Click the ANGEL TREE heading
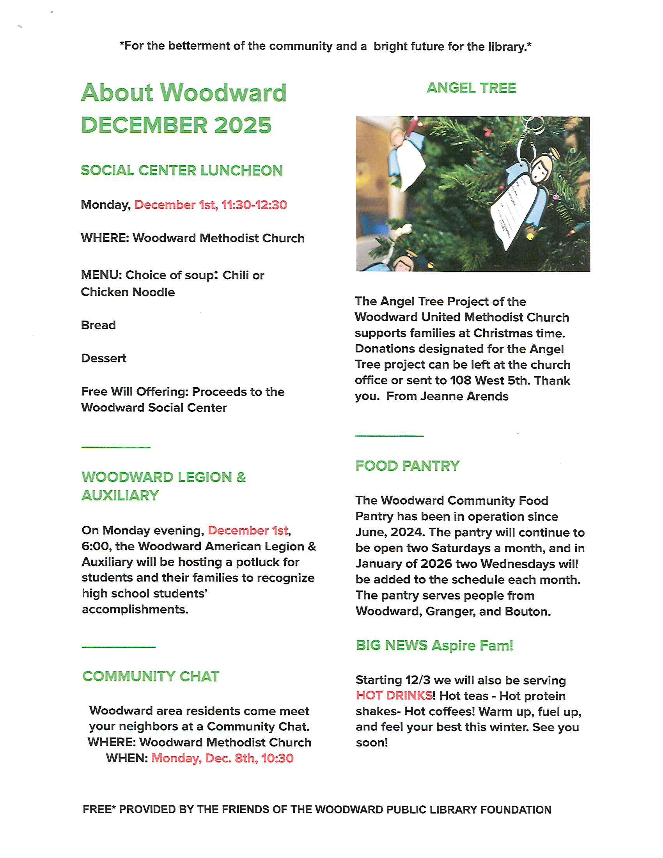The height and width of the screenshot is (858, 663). [471, 88]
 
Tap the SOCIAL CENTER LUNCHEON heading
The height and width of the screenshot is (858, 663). [181, 170]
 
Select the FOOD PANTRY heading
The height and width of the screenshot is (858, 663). [407, 466]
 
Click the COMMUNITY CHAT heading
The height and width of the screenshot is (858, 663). [151, 677]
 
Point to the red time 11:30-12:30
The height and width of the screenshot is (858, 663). [254, 205]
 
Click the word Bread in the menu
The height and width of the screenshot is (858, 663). [98, 325]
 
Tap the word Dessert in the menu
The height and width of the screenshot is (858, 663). [104, 358]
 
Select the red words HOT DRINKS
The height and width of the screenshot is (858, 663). [394, 696]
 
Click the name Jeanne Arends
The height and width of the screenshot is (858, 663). [464, 396]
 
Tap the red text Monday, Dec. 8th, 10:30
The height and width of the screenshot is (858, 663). [222, 758]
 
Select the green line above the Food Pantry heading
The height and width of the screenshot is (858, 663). [389, 436]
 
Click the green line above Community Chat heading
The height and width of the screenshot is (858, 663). [119, 647]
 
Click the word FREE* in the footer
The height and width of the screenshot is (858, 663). [99, 810]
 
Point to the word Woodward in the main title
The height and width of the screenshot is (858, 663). [223, 93]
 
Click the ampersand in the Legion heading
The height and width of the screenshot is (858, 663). [241, 477]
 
